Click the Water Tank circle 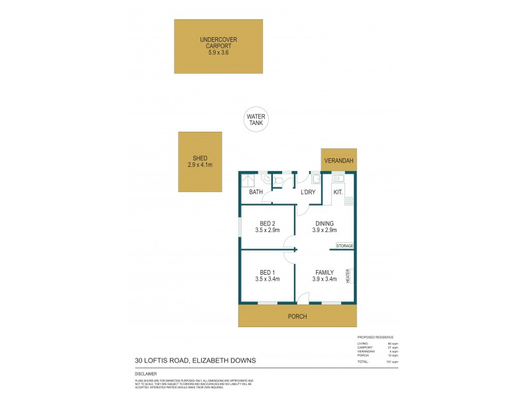click(256, 120)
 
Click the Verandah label click(339, 161)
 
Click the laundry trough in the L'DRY click(317, 179)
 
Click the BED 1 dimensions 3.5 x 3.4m click(267, 279)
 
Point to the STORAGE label click(344, 246)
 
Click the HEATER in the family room click(347, 275)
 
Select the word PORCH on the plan click(297, 317)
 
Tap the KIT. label click(337, 193)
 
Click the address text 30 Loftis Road click(195, 361)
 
